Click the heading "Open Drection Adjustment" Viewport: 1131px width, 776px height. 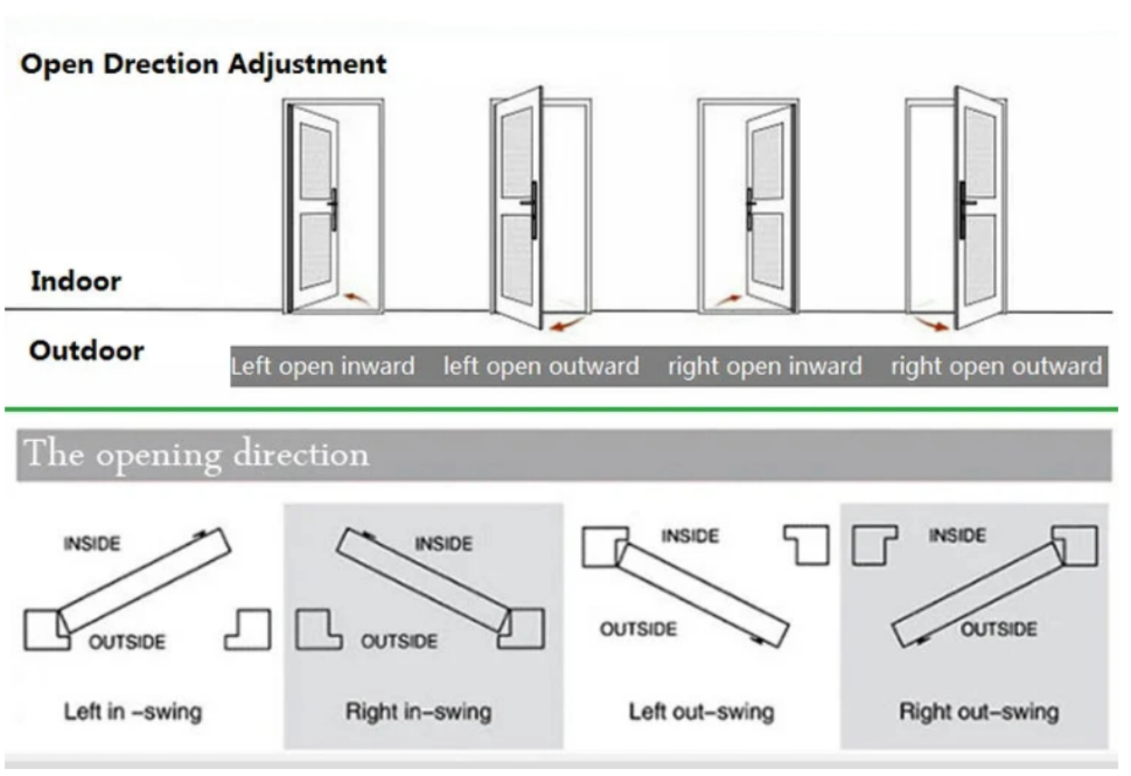(x=203, y=65)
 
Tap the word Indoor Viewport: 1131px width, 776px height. (x=76, y=281)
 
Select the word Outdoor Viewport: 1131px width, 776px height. (x=87, y=351)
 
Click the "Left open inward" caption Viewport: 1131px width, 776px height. (x=323, y=366)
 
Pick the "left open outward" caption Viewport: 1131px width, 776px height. (x=541, y=366)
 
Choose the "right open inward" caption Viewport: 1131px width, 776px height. (x=765, y=366)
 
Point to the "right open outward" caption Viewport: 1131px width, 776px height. (x=996, y=366)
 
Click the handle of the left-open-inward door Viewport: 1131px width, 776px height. (x=333, y=210)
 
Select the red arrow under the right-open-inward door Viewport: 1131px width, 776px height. (x=728, y=300)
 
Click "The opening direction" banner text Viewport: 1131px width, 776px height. (x=196, y=455)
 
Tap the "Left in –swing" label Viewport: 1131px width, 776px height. (x=133, y=712)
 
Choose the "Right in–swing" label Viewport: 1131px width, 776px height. (x=418, y=712)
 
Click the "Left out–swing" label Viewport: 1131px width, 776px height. (x=701, y=712)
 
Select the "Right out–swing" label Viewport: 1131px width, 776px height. (x=979, y=712)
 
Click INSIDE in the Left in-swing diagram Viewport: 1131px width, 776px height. (x=92, y=544)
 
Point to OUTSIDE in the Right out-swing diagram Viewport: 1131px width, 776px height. (x=999, y=629)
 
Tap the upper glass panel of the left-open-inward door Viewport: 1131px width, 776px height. (x=316, y=161)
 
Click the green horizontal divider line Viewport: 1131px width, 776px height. (x=561, y=410)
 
